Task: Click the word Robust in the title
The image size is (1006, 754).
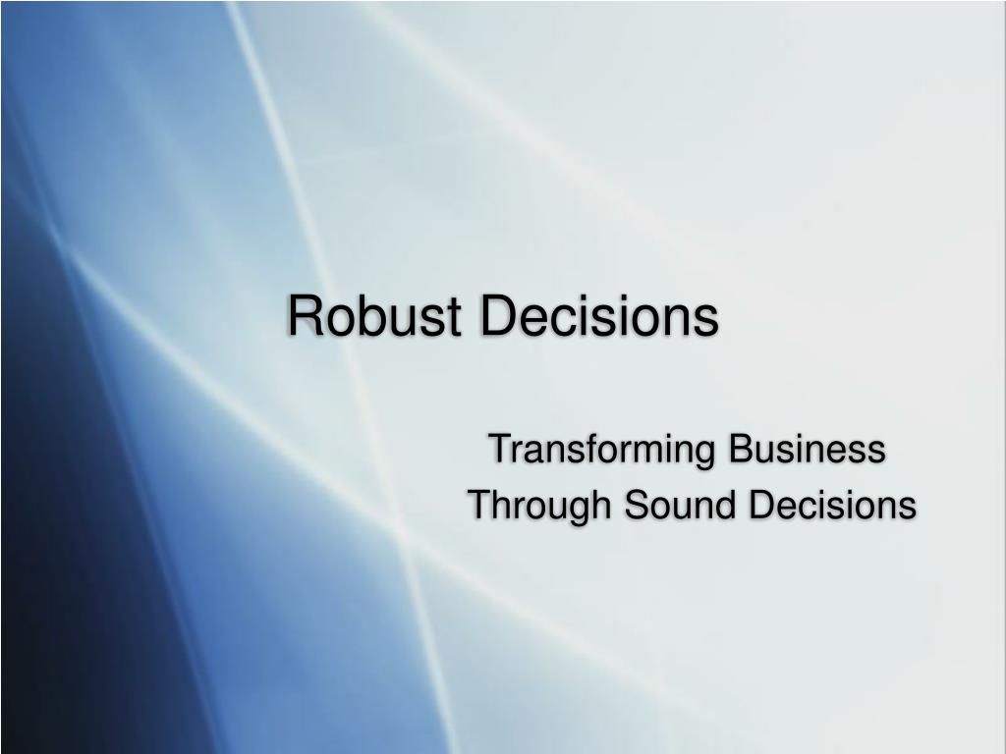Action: click(x=374, y=315)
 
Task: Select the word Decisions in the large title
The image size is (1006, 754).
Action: click(x=600, y=315)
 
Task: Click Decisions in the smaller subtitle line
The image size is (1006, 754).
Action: click(x=832, y=504)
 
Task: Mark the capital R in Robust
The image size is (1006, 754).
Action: click(x=305, y=315)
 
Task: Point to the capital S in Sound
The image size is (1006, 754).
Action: click(x=637, y=504)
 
